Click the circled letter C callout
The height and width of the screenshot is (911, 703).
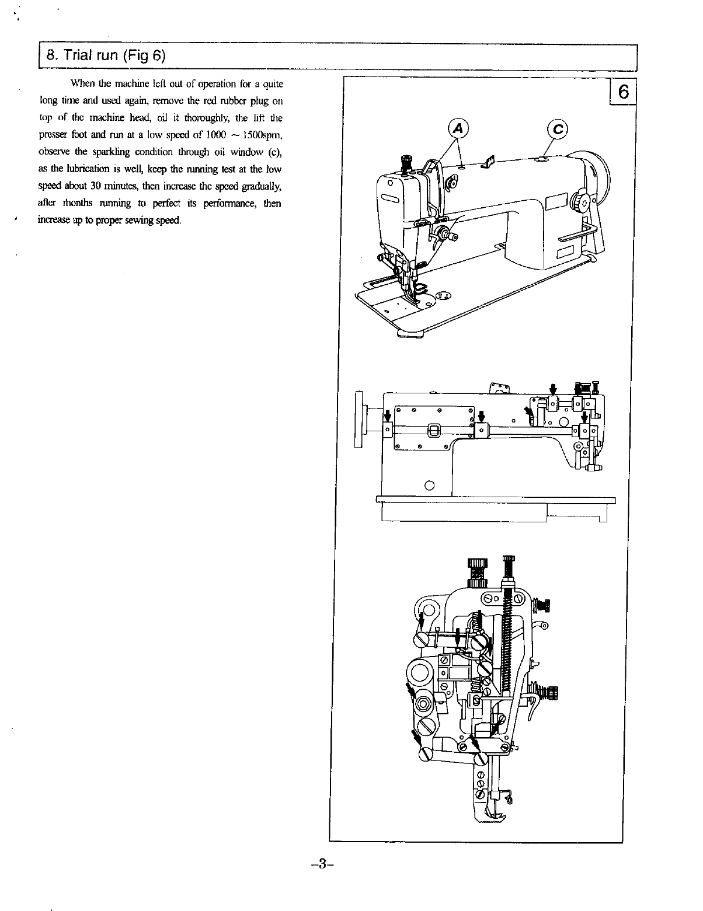tap(556, 130)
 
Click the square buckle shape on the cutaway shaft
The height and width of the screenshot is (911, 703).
tap(434, 431)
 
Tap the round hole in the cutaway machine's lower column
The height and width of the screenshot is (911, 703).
tap(430, 484)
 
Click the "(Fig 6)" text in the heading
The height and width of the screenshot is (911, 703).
tap(143, 56)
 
